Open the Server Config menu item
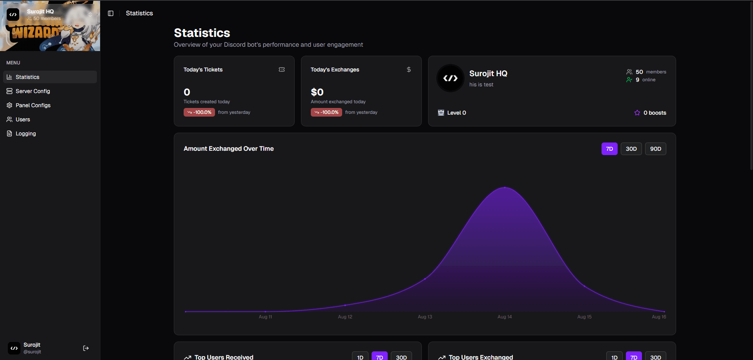[x=33, y=91]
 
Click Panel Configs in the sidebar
[x=33, y=105]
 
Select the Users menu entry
[x=23, y=119]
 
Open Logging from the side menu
[x=26, y=133]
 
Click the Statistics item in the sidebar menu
[x=27, y=77]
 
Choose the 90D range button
[x=655, y=149]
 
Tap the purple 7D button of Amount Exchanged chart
[x=609, y=149]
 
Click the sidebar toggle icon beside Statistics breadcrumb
[x=111, y=13]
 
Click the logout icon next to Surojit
[x=86, y=348]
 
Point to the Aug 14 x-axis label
[x=504, y=317]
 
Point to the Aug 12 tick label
[x=345, y=317]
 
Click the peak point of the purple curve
[x=505, y=188]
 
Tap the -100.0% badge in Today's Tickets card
[x=199, y=112]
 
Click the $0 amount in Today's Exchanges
[x=317, y=92]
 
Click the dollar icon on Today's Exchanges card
[x=408, y=69]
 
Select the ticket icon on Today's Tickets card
[x=281, y=69]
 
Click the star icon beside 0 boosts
[x=637, y=113]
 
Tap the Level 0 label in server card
[x=456, y=113]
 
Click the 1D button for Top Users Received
[x=360, y=357]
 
